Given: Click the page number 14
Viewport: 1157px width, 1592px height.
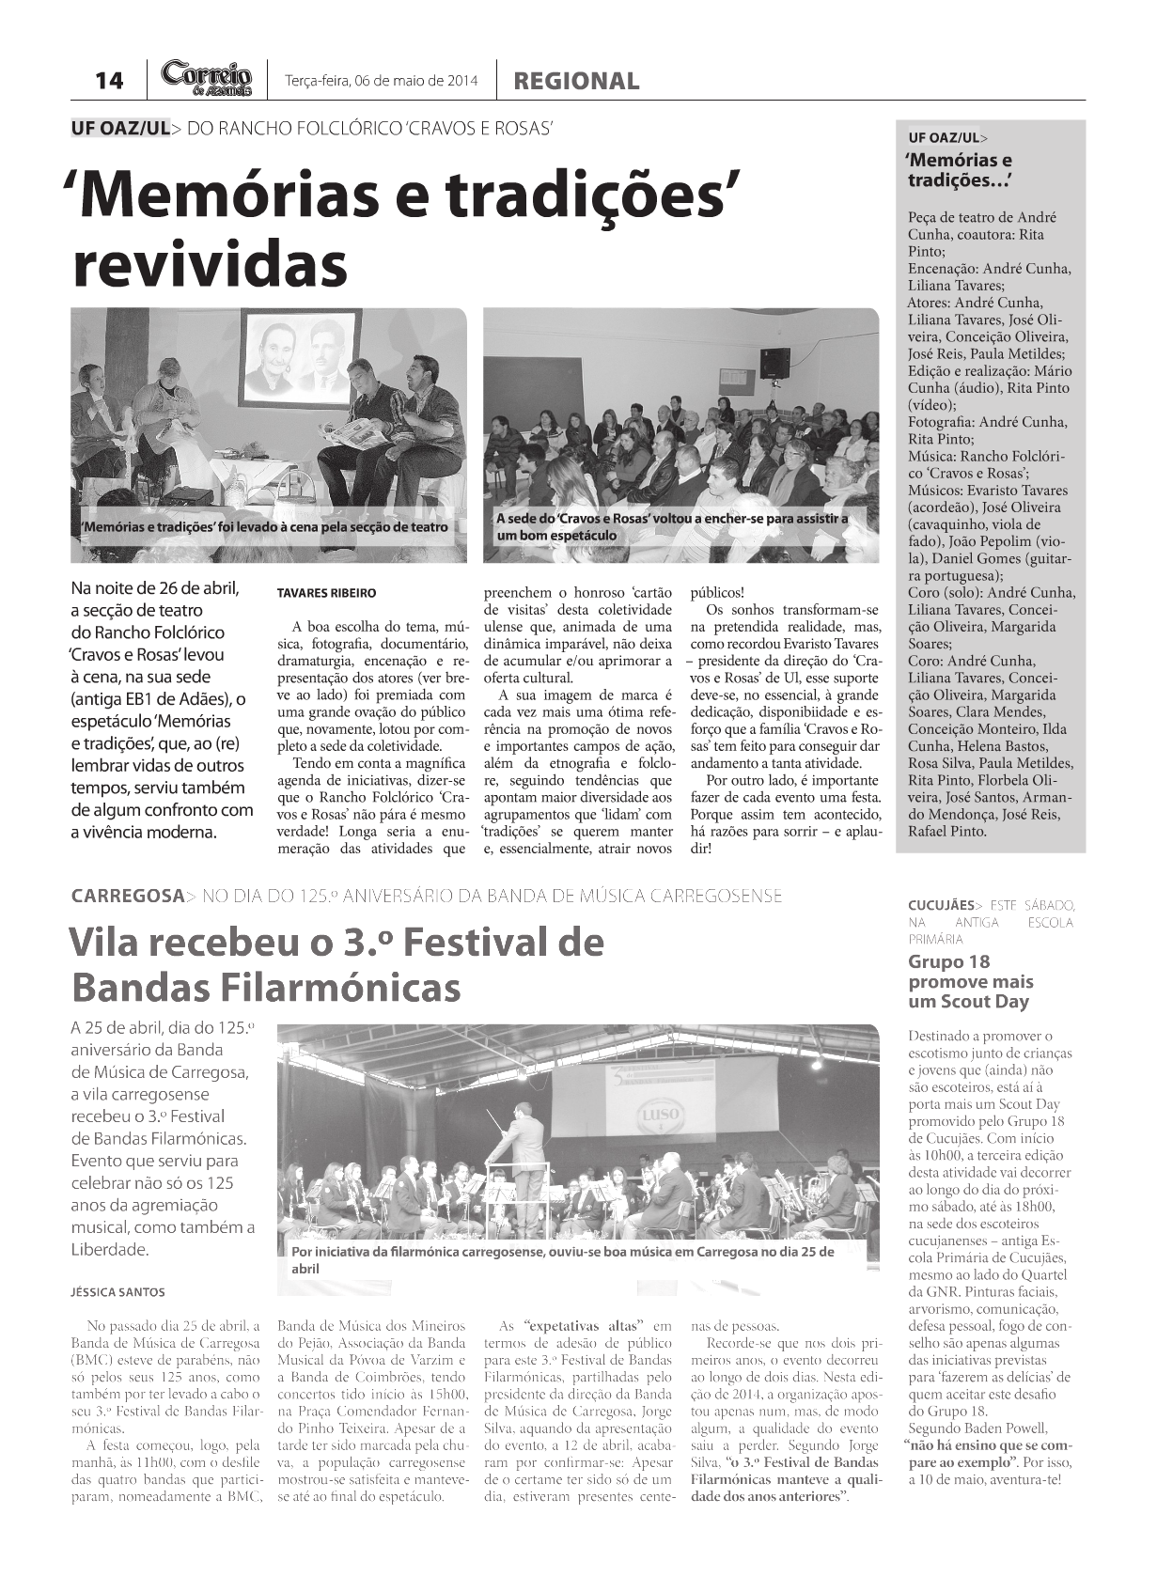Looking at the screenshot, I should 109,81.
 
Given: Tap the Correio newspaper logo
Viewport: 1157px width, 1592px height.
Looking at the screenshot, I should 207,78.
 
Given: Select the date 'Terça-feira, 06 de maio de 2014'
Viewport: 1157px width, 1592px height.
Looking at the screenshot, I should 381,81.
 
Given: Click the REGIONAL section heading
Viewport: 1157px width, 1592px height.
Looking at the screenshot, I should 576,82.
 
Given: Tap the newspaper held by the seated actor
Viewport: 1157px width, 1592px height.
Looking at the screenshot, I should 354,432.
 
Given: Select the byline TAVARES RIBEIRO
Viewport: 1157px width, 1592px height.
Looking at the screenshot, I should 326,593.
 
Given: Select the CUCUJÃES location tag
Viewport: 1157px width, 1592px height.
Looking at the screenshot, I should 941,905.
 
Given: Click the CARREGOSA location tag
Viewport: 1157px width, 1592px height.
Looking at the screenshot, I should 127,896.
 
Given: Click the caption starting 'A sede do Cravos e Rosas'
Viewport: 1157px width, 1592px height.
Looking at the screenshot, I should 671,526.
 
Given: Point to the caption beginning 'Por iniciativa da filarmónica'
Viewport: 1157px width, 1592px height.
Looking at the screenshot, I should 562,1259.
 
